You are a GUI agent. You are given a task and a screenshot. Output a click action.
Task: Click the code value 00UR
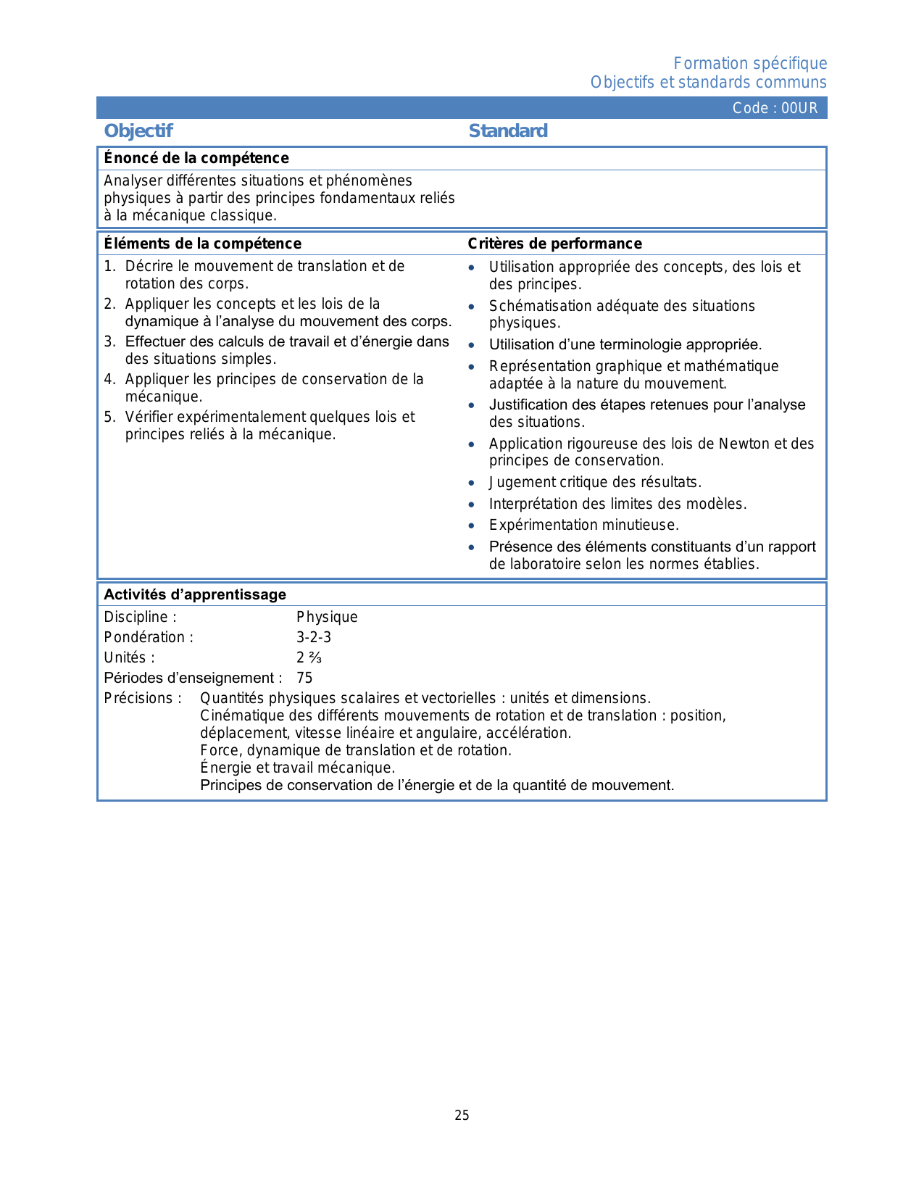[799, 108]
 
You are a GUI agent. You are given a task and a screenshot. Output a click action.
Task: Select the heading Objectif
[138, 130]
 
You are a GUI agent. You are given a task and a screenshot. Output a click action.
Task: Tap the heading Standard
[508, 130]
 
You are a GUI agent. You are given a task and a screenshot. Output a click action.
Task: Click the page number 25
[462, 1116]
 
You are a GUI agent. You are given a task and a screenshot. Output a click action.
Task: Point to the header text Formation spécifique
[750, 64]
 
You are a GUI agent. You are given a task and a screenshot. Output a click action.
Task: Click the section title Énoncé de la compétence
[196, 158]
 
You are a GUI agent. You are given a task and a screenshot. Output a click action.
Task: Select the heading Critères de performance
[554, 244]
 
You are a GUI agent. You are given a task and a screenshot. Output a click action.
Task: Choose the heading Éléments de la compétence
[202, 244]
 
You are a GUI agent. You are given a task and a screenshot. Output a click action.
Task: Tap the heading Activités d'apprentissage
[195, 594]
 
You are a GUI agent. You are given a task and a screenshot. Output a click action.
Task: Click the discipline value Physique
[327, 617]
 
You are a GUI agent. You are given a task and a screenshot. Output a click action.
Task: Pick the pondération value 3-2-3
[314, 637]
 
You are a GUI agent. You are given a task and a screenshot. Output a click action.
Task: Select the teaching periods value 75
[304, 678]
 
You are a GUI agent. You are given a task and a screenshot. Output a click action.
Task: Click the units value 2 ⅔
[309, 657]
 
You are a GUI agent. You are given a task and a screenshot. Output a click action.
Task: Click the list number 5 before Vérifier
[109, 417]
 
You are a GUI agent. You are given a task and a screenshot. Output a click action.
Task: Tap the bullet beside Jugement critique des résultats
[472, 483]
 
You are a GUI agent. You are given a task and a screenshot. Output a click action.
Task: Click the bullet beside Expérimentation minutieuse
[472, 526]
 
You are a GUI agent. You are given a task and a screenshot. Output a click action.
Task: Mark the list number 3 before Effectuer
[109, 341]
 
